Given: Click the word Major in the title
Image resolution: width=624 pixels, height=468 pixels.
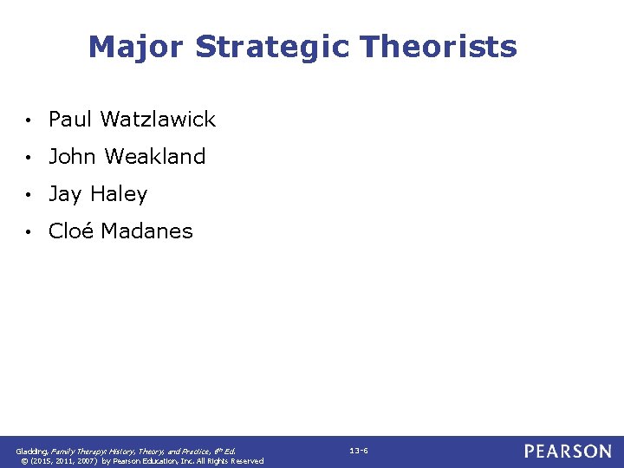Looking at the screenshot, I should click(136, 47).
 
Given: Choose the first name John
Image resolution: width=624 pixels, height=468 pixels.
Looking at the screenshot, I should click(72, 157).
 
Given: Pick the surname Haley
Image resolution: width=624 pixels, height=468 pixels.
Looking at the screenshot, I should click(119, 194).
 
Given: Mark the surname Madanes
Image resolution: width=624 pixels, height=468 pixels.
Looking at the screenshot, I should click(146, 231).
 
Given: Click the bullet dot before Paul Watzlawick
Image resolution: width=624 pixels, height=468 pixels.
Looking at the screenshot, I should click(29, 120).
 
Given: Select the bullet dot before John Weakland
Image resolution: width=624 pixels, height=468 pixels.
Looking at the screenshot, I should click(29, 158).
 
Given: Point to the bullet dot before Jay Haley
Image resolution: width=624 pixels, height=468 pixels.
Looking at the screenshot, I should click(29, 195).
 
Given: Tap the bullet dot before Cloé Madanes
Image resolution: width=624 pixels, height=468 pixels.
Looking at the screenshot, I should click(29, 232).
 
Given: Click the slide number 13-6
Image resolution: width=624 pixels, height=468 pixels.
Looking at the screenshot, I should click(359, 451).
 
